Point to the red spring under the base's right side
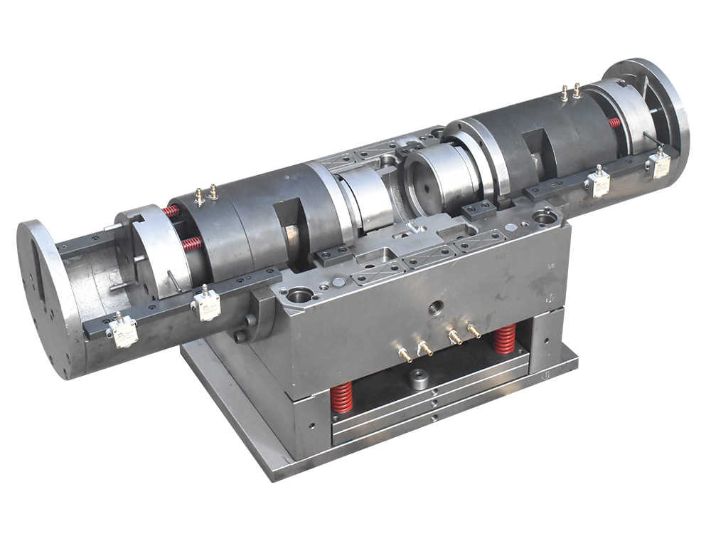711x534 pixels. (x=505, y=339)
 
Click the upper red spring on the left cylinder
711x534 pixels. (x=171, y=211)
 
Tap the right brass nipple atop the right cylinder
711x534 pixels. (x=577, y=90)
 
